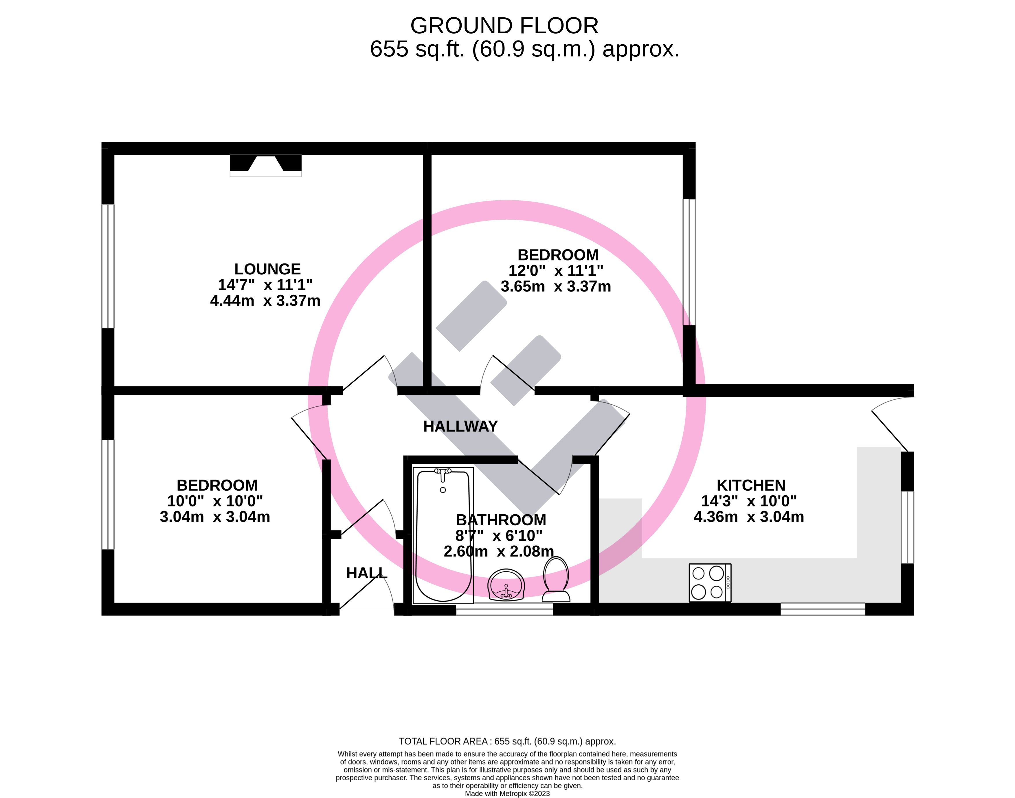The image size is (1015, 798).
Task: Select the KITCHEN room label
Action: (751, 485)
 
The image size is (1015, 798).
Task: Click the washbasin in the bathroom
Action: (506, 584)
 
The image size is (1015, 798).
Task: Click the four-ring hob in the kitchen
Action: (710, 583)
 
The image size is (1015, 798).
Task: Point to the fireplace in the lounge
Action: (266, 165)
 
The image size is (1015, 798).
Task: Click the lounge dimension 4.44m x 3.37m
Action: (265, 300)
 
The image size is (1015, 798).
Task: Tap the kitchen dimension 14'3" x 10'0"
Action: (749, 501)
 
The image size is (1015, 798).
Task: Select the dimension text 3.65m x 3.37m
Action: (556, 286)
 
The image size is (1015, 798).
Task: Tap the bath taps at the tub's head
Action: (443, 473)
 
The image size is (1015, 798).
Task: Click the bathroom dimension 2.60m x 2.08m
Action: (499, 551)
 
